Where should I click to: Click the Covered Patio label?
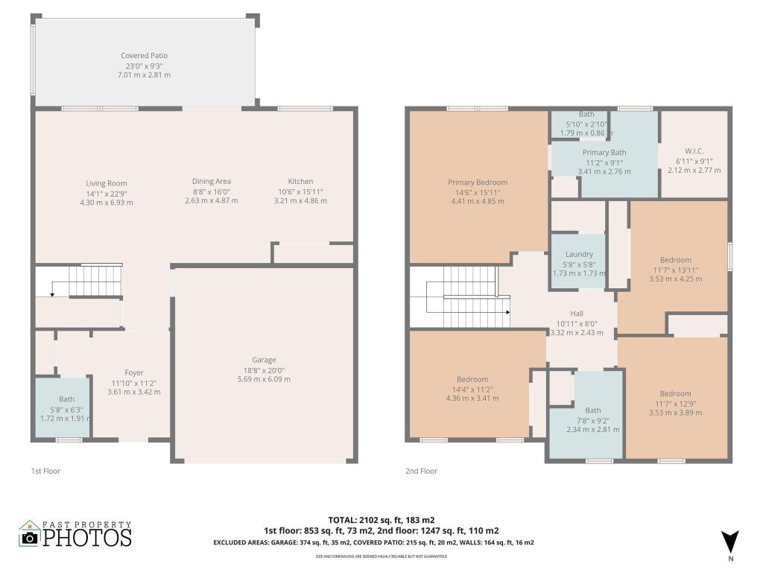click(x=144, y=56)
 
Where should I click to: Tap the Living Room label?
click(x=107, y=183)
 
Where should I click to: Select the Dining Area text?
click(x=212, y=181)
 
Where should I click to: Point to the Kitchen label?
click(x=300, y=182)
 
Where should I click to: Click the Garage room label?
click(x=264, y=360)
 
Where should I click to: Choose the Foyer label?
click(x=134, y=372)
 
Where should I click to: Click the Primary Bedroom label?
click(x=478, y=182)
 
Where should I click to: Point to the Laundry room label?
click(x=579, y=254)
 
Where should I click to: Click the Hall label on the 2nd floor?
click(x=577, y=314)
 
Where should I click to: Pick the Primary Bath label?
click(x=604, y=152)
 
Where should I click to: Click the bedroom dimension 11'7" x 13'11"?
click(x=676, y=270)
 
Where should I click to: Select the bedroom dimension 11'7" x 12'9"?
click(x=675, y=403)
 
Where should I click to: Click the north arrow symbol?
click(x=730, y=541)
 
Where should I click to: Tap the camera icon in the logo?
click(x=29, y=538)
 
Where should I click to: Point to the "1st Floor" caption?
click(x=45, y=471)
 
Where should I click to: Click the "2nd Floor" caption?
click(x=421, y=471)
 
